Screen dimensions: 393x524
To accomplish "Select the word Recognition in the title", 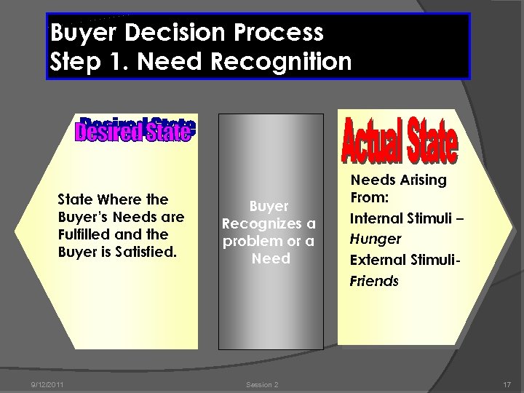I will (x=280, y=61).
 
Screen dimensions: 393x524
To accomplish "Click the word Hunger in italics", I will (x=376, y=239).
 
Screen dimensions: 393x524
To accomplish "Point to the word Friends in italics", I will (x=375, y=281).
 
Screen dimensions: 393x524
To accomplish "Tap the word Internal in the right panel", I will (x=376, y=218).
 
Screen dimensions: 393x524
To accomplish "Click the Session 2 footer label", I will (x=262, y=384).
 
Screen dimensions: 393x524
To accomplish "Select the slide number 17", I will (x=507, y=384).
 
